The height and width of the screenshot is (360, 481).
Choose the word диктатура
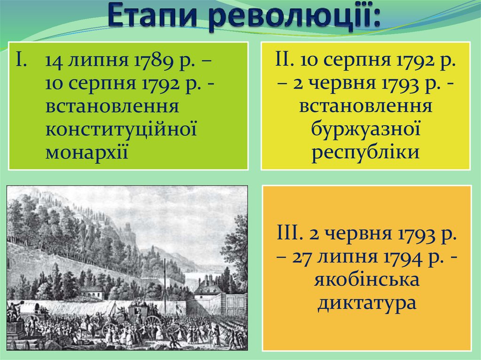367,303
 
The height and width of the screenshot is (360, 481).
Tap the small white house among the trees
92,292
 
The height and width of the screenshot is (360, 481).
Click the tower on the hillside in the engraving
128,233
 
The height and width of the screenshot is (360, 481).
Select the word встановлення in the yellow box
365,106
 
